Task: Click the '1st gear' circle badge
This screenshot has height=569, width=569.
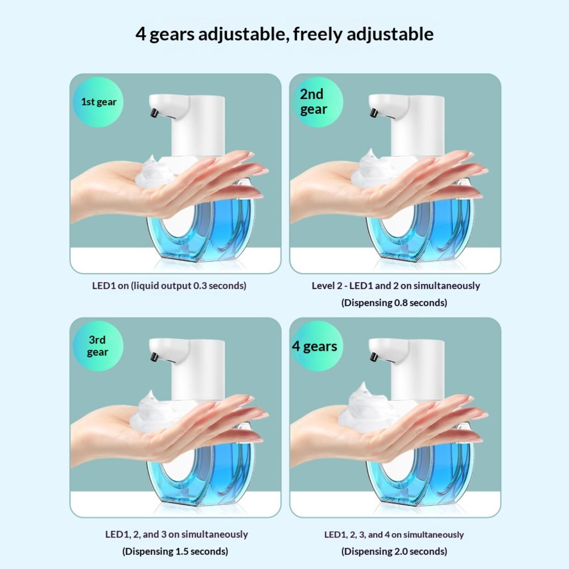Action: click(x=98, y=102)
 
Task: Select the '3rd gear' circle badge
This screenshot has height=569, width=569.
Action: click(x=98, y=346)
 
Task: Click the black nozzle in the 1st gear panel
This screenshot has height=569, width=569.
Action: click(x=153, y=112)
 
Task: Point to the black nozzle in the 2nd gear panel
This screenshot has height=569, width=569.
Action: click(x=373, y=112)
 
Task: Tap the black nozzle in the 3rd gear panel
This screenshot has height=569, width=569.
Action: click(x=153, y=356)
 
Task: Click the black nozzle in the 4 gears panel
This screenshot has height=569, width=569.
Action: click(x=373, y=356)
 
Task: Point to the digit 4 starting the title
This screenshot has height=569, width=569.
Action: click(x=141, y=34)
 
